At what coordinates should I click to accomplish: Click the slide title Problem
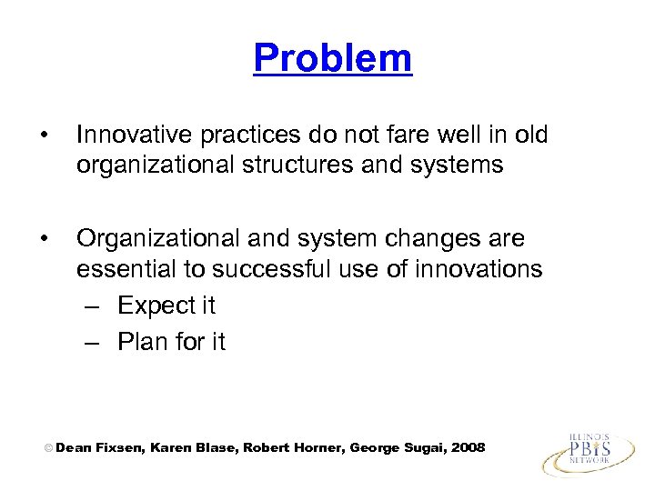pyautogui.click(x=332, y=58)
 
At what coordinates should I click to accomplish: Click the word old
pyautogui.click(x=529, y=135)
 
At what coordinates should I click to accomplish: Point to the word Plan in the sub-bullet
pyautogui.click(x=141, y=342)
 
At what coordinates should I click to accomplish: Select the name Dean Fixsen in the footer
pyautogui.click(x=96, y=447)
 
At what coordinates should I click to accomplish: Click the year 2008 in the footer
pyautogui.click(x=469, y=447)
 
